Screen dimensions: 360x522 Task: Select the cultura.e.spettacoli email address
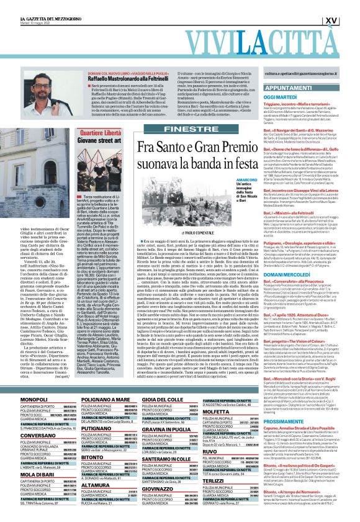pos(298,73)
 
